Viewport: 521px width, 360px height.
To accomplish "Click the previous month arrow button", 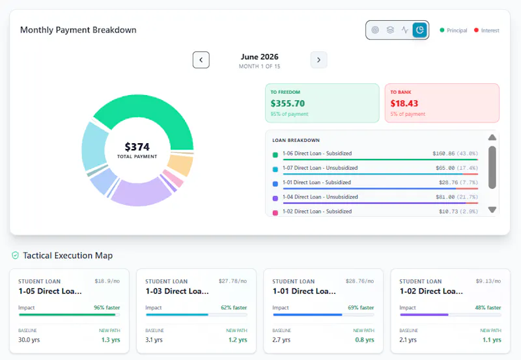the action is [x=201, y=60].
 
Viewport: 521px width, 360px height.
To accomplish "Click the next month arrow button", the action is [x=318, y=60].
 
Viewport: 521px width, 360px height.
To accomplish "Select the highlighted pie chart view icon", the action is [x=419, y=30].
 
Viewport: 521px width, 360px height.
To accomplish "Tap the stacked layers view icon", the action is [x=390, y=30].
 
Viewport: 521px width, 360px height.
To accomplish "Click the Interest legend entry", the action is [x=486, y=30].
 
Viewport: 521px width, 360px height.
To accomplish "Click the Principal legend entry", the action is [x=453, y=30].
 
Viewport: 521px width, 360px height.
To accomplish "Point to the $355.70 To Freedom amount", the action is [x=287, y=104].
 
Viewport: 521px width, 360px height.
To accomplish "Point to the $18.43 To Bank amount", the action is [x=404, y=104].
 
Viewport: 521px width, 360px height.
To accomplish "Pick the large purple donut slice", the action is [x=141, y=193].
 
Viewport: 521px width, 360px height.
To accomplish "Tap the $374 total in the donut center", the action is [x=137, y=146].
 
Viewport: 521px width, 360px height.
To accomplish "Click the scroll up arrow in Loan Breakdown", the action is [x=492, y=137].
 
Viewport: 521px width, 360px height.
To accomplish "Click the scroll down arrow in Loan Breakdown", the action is [x=492, y=210].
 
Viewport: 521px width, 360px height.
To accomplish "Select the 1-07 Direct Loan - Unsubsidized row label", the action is [x=320, y=168].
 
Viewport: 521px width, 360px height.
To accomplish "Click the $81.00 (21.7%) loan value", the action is [x=457, y=197].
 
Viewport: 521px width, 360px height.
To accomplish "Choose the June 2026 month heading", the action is [x=259, y=57].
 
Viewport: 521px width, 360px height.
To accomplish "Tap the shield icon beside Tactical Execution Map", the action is [x=15, y=255].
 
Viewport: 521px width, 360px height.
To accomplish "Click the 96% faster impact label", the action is [x=107, y=307].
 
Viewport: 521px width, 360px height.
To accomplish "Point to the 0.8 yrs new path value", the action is [x=365, y=340].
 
